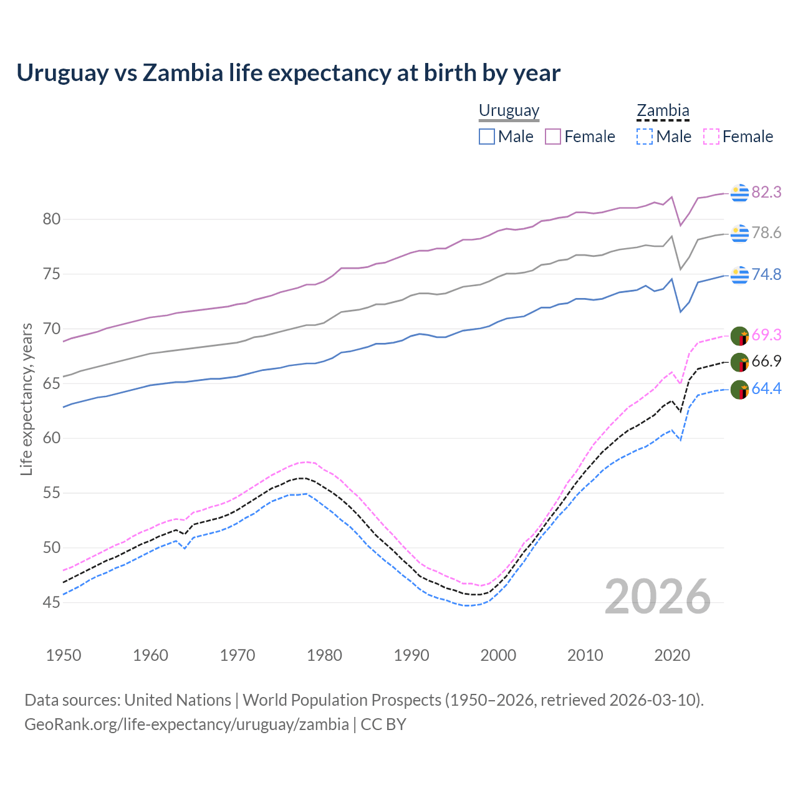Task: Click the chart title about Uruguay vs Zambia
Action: [x=288, y=73]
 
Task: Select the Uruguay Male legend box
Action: [x=487, y=137]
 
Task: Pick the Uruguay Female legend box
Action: [x=553, y=137]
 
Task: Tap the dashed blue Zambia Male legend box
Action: [x=645, y=137]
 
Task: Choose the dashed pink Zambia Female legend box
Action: [x=711, y=137]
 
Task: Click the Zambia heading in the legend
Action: [x=663, y=111]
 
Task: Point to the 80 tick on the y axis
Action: [x=52, y=219]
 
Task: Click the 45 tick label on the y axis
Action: [x=52, y=602]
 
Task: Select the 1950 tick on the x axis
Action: [x=64, y=655]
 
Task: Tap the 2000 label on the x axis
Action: [x=498, y=655]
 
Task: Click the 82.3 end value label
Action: [x=766, y=193]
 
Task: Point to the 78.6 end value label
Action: [x=766, y=233]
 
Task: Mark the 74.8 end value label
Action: [x=766, y=275]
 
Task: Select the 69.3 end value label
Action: [x=766, y=335]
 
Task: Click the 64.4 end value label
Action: [x=766, y=389]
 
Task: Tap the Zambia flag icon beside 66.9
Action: [x=739, y=362]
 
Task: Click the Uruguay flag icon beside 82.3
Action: [x=739, y=193]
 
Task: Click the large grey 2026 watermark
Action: [x=657, y=597]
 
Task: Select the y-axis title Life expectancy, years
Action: [x=26, y=399]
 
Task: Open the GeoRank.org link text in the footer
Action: [x=186, y=724]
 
